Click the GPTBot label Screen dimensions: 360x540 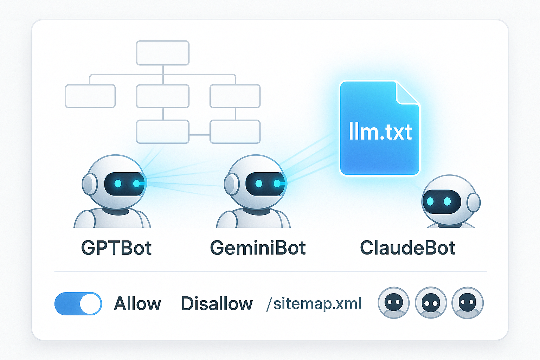click(x=116, y=248)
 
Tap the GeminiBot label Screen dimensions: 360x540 click(x=258, y=248)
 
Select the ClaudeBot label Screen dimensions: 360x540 click(x=407, y=248)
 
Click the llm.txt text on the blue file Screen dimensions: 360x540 click(x=380, y=132)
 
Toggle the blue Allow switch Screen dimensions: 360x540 click(x=78, y=303)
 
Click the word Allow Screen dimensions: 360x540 click(x=137, y=304)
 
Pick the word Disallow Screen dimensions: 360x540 click(x=217, y=304)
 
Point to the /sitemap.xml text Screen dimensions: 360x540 click(x=314, y=304)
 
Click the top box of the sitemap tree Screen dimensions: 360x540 click(x=163, y=53)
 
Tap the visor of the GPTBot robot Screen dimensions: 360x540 click(x=124, y=184)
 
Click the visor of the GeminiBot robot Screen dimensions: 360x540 click(x=265, y=184)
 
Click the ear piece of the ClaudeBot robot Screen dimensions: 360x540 click(x=474, y=202)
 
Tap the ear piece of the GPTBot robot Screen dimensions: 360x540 click(x=89, y=184)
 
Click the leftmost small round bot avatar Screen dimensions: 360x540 click(x=394, y=303)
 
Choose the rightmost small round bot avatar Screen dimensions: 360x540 click(x=468, y=303)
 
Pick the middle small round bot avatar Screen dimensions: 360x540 click(x=431, y=303)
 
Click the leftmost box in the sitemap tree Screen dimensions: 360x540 click(x=90, y=96)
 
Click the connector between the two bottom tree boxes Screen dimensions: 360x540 click(x=199, y=135)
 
